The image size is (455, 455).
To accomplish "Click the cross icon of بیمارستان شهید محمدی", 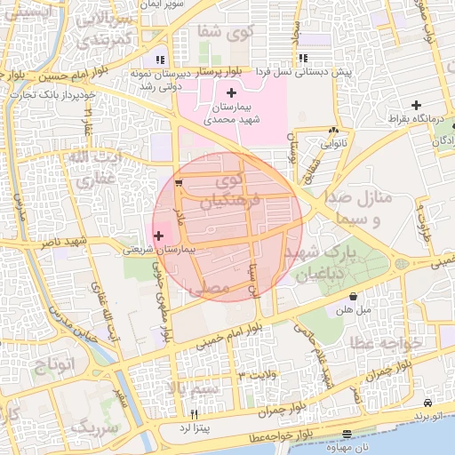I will [x=231, y=93].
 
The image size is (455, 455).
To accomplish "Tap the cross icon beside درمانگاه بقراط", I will [x=416, y=106].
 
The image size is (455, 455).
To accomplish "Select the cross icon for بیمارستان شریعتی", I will [x=159, y=236].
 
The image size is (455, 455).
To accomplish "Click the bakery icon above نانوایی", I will [x=333, y=128].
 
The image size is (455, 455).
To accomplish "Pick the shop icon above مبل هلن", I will [x=354, y=298].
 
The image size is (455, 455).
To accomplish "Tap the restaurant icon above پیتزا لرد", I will [x=194, y=413].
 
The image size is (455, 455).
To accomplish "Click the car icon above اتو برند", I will [x=429, y=403].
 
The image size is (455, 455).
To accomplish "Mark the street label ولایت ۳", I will [x=258, y=376].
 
